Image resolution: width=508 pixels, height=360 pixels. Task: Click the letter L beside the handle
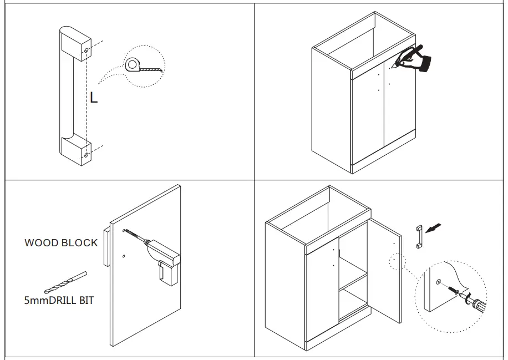click(x=94, y=98)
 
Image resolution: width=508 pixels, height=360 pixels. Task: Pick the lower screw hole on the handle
click(x=86, y=156)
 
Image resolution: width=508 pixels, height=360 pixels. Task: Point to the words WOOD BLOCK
click(x=61, y=243)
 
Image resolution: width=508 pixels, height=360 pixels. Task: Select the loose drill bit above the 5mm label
click(x=65, y=282)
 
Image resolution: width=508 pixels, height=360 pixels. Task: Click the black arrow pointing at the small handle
click(x=436, y=227)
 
